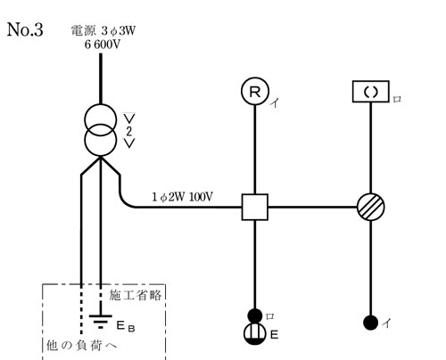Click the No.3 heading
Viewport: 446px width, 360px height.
[x=25, y=29]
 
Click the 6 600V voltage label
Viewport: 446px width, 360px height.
[x=103, y=45]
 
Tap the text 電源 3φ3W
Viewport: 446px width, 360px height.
[x=103, y=30]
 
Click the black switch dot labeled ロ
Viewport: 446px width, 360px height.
[x=255, y=315]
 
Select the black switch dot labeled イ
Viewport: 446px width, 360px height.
[x=371, y=323]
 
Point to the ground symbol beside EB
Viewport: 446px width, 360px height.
[x=101, y=322]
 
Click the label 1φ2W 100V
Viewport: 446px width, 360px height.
[x=183, y=197]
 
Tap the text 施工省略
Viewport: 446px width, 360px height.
[x=136, y=295]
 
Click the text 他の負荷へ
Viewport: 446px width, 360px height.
[x=82, y=345]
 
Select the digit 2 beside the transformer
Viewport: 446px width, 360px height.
[x=129, y=131]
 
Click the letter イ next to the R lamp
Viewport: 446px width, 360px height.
[x=275, y=103]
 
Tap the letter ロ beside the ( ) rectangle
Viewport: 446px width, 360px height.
[x=397, y=99]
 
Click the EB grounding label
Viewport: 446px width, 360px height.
[x=126, y=326]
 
